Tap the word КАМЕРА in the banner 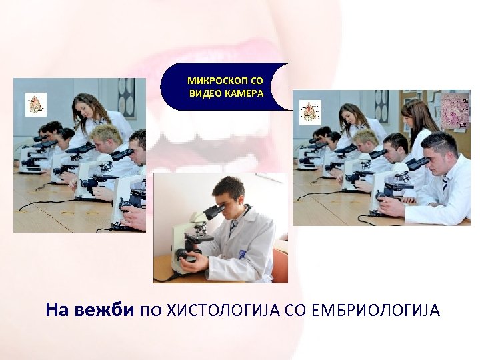click(245, 93)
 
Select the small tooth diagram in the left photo click(36, 103)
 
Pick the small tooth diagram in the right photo click(310, 110)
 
